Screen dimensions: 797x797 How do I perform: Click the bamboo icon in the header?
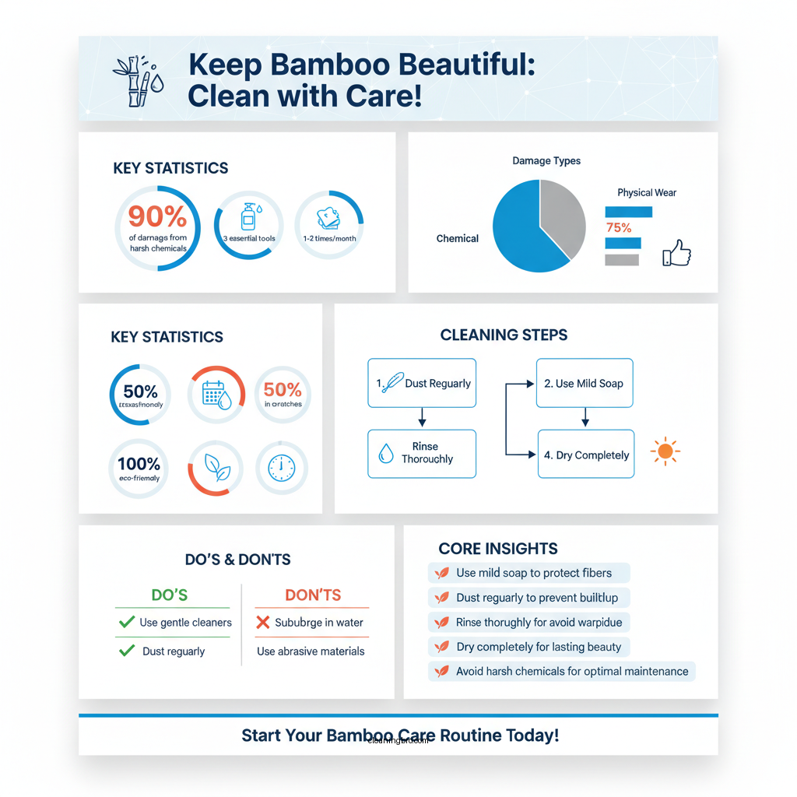(x=136, y=80)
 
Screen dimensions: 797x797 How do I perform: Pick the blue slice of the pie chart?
(x=521, y=230)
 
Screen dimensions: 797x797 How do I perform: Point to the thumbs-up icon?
(x=676, y=254)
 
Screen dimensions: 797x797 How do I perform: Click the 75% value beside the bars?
(x=618, y=227)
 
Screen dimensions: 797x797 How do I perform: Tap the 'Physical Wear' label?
(x=646, y=192)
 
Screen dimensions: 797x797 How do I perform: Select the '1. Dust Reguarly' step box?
(x=421, y=383)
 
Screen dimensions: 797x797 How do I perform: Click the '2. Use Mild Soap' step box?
(x=585, y=383)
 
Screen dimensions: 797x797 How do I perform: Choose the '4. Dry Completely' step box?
(x=585, y=455)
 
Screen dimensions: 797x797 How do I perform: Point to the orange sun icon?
(x=665, y=451)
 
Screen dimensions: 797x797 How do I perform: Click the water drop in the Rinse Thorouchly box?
(x=386, y=453)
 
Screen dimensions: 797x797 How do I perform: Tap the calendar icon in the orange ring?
(x=216, y=395)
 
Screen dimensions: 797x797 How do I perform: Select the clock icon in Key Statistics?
(x=281, y=468)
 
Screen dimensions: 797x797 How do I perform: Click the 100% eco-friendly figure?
(x=139, y=465)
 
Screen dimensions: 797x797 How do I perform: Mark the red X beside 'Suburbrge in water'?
(x=262, y=623)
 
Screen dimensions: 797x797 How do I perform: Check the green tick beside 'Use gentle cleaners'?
(x=126, y=623)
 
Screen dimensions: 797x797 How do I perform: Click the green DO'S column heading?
(x=170, y=595)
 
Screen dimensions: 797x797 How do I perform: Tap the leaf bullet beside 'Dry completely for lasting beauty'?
(x=442, y=647)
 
